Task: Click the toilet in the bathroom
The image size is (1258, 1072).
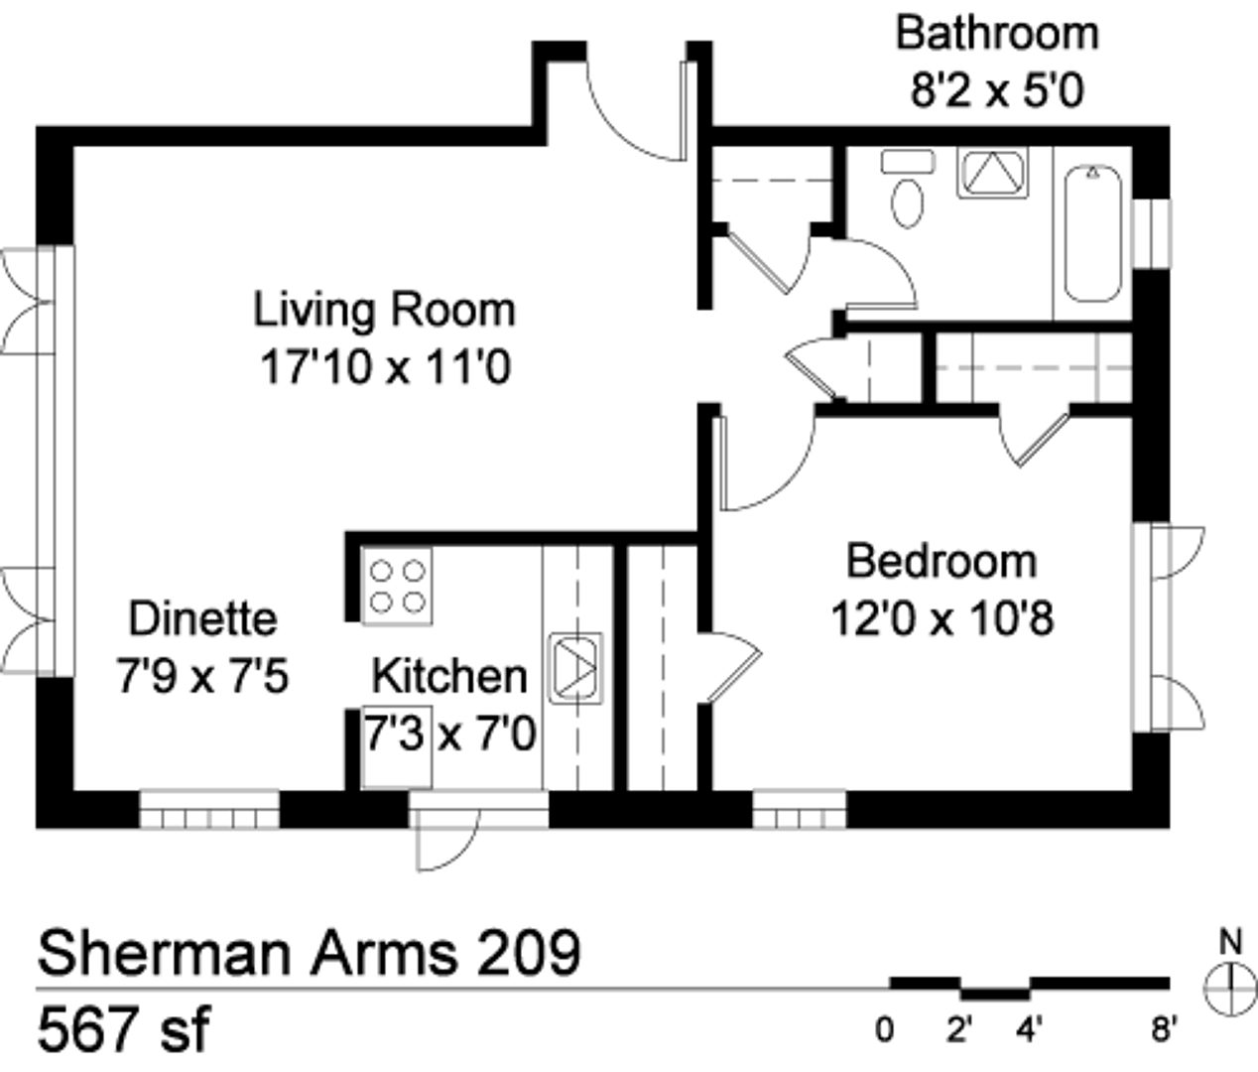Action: click(x=908, y=188)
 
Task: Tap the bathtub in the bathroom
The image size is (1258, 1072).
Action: click(x=1093, y=233)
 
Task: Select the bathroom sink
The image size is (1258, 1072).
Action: click(x=993, y=173)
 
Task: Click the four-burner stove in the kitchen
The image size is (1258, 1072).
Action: click(x=398, y=587)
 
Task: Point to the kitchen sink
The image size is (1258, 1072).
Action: click(x=575, y=668)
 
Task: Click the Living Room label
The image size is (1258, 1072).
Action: click(x=385, y=310)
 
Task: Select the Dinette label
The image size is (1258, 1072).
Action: click(x=202, y=618)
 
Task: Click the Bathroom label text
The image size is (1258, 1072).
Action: click(x=997, y=34)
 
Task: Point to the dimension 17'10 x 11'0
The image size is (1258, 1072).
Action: click(x=386, y=367)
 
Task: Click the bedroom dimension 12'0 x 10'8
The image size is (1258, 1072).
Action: click(x=943, y=618)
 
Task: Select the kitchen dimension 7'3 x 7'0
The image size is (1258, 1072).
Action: click(x=449, y=734)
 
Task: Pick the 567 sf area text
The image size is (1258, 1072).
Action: click(x=124, y=1028)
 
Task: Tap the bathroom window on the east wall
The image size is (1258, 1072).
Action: click(x=1152, y=233)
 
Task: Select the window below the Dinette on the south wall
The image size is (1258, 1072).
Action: click(x=209, y=809)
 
